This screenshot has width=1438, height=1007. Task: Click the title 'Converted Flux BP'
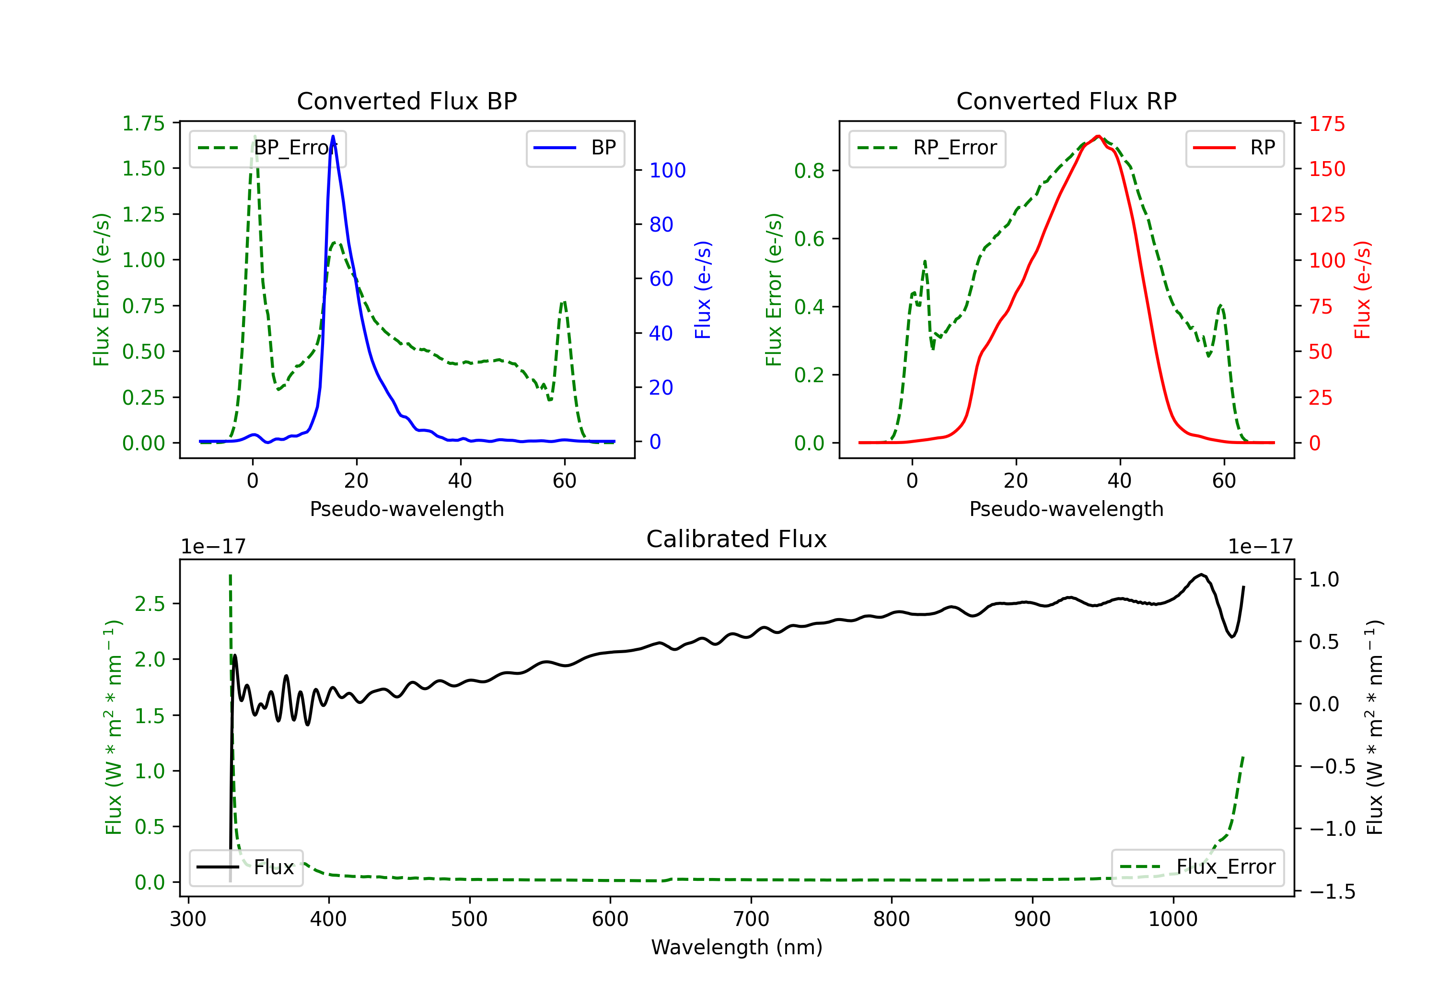tap(406, 101)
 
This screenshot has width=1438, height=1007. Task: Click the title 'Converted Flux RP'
tap(1066, 101)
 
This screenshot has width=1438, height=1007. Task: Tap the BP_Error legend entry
tap(267, 148)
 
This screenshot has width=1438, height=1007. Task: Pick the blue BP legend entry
tap(575, 148)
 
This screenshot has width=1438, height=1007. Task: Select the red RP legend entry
tap(1234, 148)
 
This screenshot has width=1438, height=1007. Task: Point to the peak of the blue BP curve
tap(333, 136)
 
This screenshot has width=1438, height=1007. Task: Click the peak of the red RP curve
tap(1098, 136)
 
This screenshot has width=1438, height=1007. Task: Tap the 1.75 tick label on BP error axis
tap(143, 123)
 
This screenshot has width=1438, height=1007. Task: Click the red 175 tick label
tap(1326, 123)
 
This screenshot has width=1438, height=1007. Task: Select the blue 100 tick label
tap(667, 170)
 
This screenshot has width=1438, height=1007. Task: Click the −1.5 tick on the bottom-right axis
tap(1332, 891)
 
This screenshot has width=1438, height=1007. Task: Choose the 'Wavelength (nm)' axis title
tap(737, 947)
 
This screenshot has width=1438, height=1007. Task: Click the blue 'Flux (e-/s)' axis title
tap(703, 290)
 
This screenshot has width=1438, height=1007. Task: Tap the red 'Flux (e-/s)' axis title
tap(1362, 290)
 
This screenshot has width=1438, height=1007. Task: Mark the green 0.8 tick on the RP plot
tap(809, 170)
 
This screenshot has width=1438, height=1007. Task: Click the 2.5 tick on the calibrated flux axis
tap(150, 603)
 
